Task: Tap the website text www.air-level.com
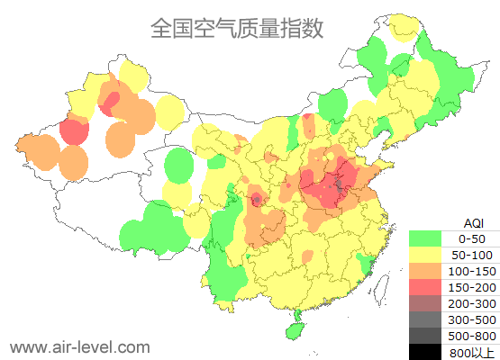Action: pos(79,346)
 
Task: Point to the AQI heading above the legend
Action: pos(472,222)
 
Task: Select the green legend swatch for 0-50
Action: pos(425,238)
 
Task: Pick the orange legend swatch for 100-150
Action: pos(425,271)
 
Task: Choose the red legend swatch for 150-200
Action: pos(425,287)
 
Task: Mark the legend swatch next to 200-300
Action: pos(425,303)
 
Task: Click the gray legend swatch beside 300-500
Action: pos(425,319)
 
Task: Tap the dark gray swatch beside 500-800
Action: pos(425,336)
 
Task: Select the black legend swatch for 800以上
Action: pos(425,351)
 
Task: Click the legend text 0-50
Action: pos(472,238)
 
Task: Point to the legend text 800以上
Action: pos(472,351)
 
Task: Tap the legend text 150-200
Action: pos(472,287)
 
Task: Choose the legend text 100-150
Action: pos(472,271)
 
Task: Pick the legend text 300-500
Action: pos(472,319)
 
